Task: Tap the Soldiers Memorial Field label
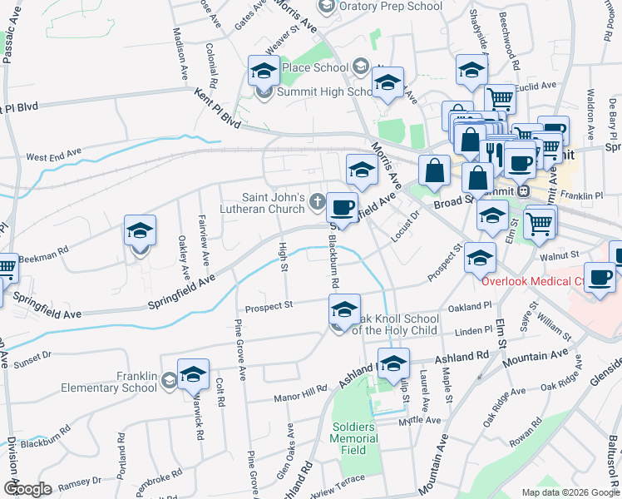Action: tap(355, 439)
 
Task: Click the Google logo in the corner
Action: tap(27, 488)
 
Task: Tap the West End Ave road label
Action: tap(54, 156)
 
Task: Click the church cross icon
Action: tap(316, 200)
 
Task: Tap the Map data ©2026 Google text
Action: tap(570, 492)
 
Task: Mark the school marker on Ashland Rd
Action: tap(393, 363)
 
